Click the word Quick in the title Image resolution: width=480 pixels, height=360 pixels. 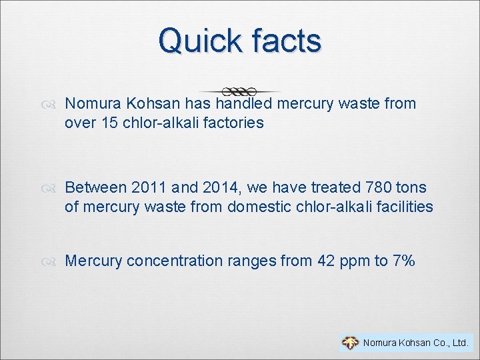(199, 41)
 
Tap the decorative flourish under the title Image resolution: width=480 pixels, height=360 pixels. (239, 90)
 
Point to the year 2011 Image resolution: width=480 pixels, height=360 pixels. (149, 188)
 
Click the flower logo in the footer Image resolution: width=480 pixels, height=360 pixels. (350, 343)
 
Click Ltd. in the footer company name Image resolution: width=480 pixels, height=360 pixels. (459, 343)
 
